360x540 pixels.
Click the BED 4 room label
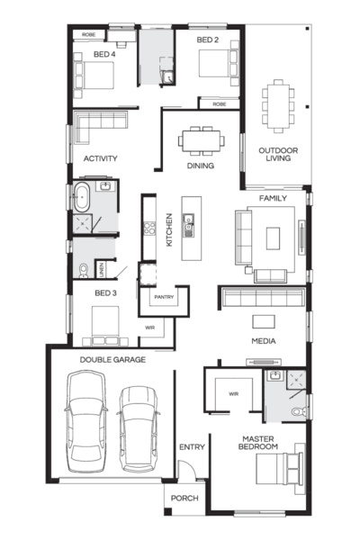coord(105,54)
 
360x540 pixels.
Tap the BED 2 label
coord(208,40)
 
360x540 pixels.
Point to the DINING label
coord(201,166)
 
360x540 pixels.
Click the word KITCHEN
coord(168,229)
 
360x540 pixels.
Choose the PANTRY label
coord(164,296)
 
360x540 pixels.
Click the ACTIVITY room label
coord(101,158)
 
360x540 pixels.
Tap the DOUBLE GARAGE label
coord(112,359)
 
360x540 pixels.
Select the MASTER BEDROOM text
coord(259,442)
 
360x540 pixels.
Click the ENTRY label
coord(192,446)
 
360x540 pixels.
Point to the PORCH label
coord(184,499)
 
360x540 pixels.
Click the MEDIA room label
coord(263,341)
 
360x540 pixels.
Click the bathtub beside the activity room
coord(84,196)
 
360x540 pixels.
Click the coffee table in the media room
coord(264,320)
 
